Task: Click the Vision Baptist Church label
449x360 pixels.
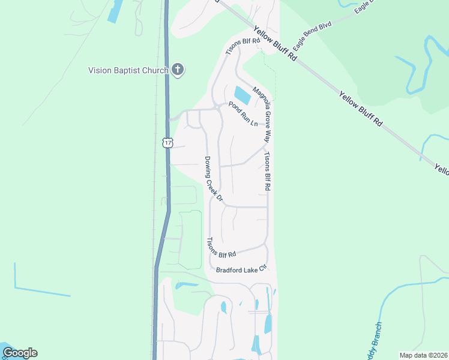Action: click(128, 70)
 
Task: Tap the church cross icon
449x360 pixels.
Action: click(177, 70)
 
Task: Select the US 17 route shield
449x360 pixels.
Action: click(167, 142)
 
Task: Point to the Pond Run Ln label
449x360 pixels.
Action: click(243, 113)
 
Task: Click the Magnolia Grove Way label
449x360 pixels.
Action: click(262, 113)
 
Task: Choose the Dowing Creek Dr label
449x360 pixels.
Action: click(214, 179)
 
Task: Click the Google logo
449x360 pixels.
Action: click(20, 352)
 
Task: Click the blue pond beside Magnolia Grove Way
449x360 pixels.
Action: click(241, 95)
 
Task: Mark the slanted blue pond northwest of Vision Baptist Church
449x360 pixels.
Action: click(115, 11)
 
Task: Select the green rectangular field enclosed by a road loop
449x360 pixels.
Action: click(190, 240)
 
